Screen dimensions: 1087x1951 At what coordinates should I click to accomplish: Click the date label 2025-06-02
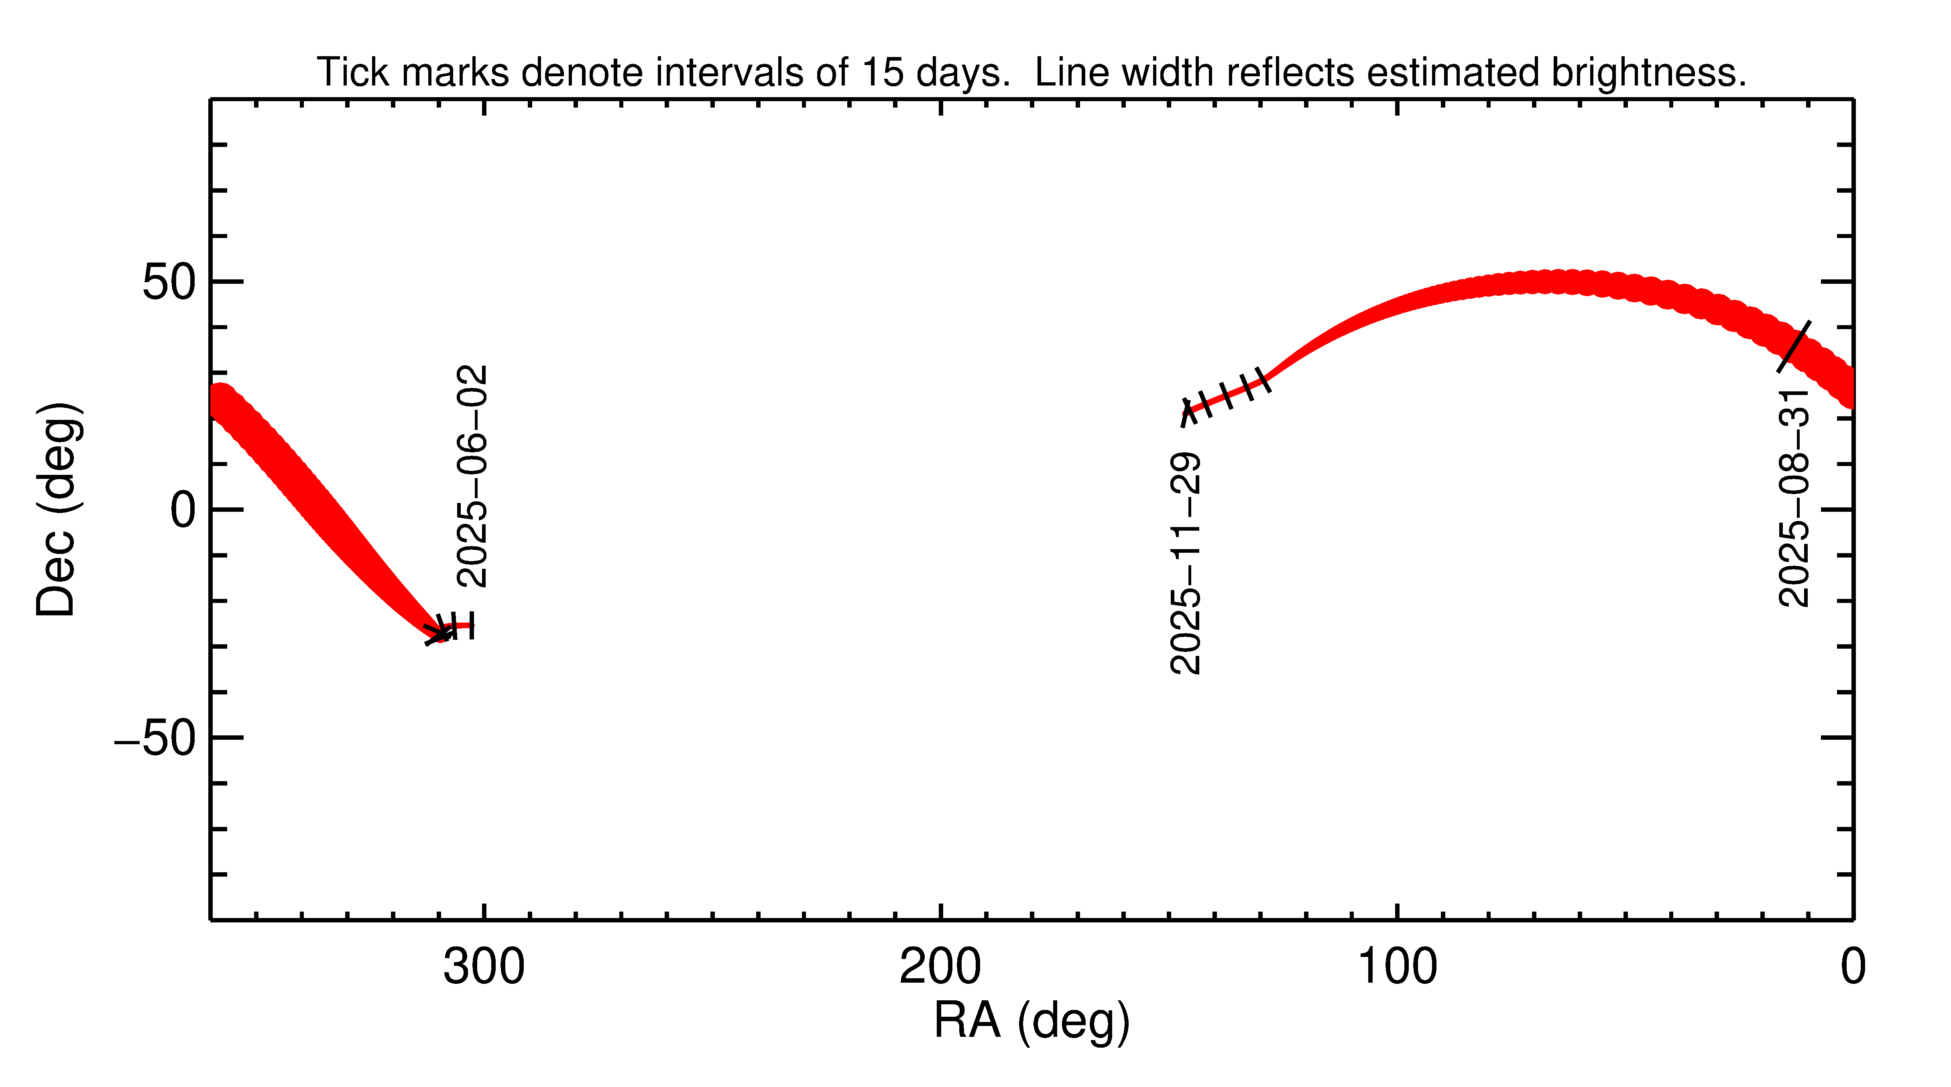pyautogui.click(x=473, y=476)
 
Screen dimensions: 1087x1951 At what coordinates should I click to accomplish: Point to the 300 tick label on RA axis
pyautogui.click(x=483, y=967)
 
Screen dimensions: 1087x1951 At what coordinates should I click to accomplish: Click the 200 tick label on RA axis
pyautogui.click(x=940, y=967)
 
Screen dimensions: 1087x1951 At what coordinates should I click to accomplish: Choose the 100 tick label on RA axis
pyautogui.click(x=1397, y=967)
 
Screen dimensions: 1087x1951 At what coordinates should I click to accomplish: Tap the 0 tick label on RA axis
pyautogui.click(x=1853, y=967)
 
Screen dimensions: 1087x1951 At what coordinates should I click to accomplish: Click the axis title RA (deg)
pyautogui.click(x=1031, y=1020)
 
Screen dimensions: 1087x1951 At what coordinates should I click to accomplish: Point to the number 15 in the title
pyautogui.click(x=882, y=73)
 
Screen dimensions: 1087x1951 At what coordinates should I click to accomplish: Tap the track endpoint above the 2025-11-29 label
pyautogui.click(x=1187, y=413)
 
